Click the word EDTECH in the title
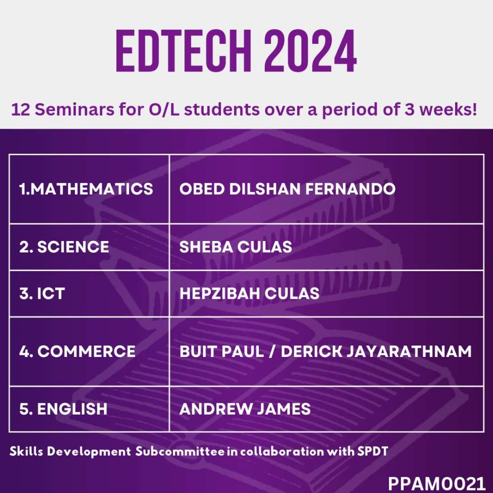pyautogui.click(x=184, y=51)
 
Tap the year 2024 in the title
pyautogui.click(x=310, y=51)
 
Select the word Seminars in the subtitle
pyautogui.click(x=74, y=110)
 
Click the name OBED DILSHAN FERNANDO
pyautogui.click(x=287, y=189)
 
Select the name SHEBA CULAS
pyautogui.click(x=236, y=247)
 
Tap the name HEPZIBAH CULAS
pyautogui.click(x=249, y=293)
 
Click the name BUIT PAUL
pyautogui.click(x=221, y=351)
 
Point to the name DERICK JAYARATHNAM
pyautogui.click(x=376, y=351)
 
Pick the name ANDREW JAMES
pyautogui.click(x=245, y=409)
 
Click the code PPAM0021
pyautogui.click(x=437, y=483)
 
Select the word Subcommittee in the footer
pyautogui.click(x=180, y=451)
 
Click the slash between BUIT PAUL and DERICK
pyautogui.click(x=272, y=351)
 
